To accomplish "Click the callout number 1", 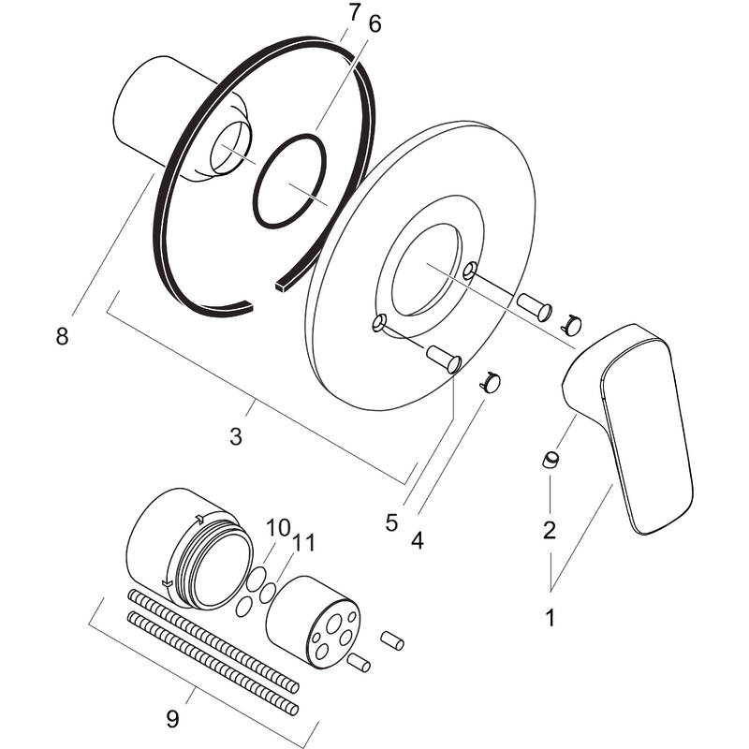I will point(551,618).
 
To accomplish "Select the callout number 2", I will point(550,531).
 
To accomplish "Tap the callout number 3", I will point(235,435).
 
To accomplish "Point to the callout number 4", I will point(417,540).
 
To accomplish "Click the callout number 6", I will point(374,25).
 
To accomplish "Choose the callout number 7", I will point(353,12).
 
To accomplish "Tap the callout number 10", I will point(279,528).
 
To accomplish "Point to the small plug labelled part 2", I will point(551,460).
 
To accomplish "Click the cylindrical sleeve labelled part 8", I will point(150,122).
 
